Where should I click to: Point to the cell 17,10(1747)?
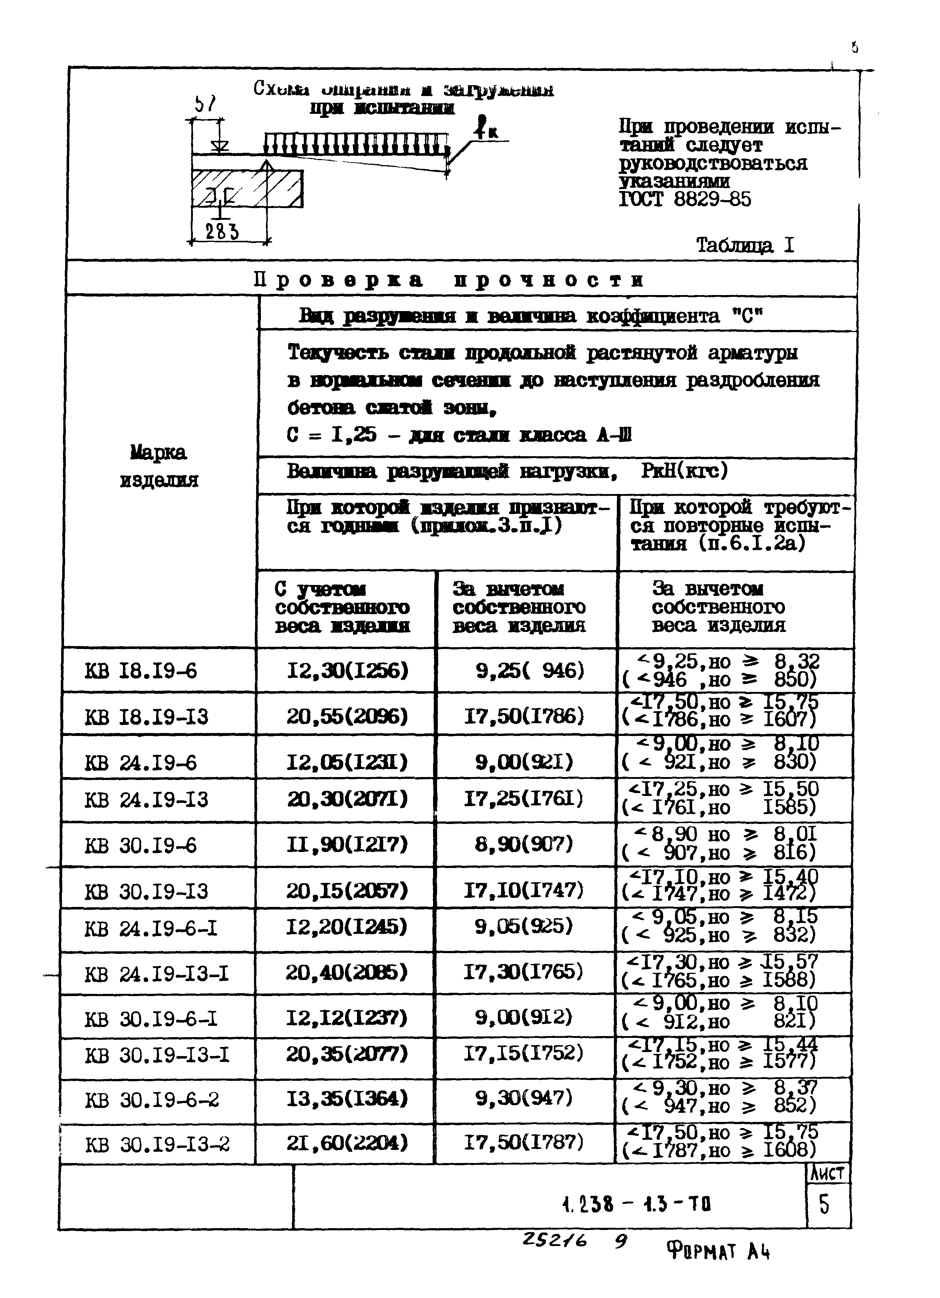tap(524, 890)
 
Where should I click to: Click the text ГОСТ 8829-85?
tap(685, 199)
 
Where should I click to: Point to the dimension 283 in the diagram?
tap(222, 232)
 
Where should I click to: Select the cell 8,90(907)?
tap(524, 844)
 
